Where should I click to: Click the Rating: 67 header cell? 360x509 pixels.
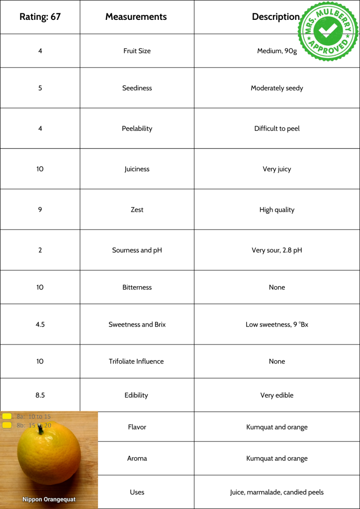40,17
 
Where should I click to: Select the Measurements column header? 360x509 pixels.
136,17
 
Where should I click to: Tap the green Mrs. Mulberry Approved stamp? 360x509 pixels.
328,31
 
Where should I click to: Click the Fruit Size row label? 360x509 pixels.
137,51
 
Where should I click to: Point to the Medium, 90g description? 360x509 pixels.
276,51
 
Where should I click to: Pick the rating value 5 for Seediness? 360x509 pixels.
40,88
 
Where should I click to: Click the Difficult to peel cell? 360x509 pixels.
276,128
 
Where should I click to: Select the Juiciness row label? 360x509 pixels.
137,169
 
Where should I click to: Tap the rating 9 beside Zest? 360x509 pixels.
40,210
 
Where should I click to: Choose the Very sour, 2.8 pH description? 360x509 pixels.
276,250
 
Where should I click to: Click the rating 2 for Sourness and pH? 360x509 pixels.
40,250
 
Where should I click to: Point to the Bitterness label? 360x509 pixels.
137,287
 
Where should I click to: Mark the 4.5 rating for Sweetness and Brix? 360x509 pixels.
40,325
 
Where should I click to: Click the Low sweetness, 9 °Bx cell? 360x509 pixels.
276,325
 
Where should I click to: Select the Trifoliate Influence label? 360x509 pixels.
136,361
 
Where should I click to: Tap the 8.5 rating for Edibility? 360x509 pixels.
40,395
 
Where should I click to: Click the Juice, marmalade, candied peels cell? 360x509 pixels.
276,492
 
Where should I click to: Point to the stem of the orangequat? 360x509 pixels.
41,428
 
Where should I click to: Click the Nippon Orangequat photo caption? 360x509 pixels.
49,499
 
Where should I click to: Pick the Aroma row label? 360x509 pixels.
137,458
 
